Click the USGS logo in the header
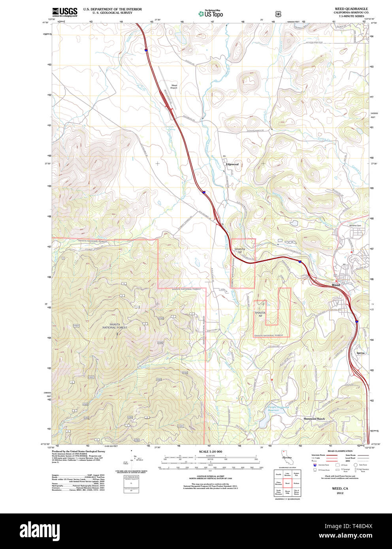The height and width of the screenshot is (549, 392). point(64,11)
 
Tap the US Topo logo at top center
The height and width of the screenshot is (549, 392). point(211,13)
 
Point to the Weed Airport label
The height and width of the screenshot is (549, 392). point(174,86)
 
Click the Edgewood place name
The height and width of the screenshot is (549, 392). point(232,164)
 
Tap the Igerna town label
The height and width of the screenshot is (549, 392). point(360,353)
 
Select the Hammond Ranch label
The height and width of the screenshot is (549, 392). point(314,419)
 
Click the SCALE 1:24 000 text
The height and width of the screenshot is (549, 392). point(210,451)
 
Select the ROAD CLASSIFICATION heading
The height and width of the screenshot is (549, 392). point(340,451)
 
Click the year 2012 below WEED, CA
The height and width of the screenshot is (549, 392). point(340,493)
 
